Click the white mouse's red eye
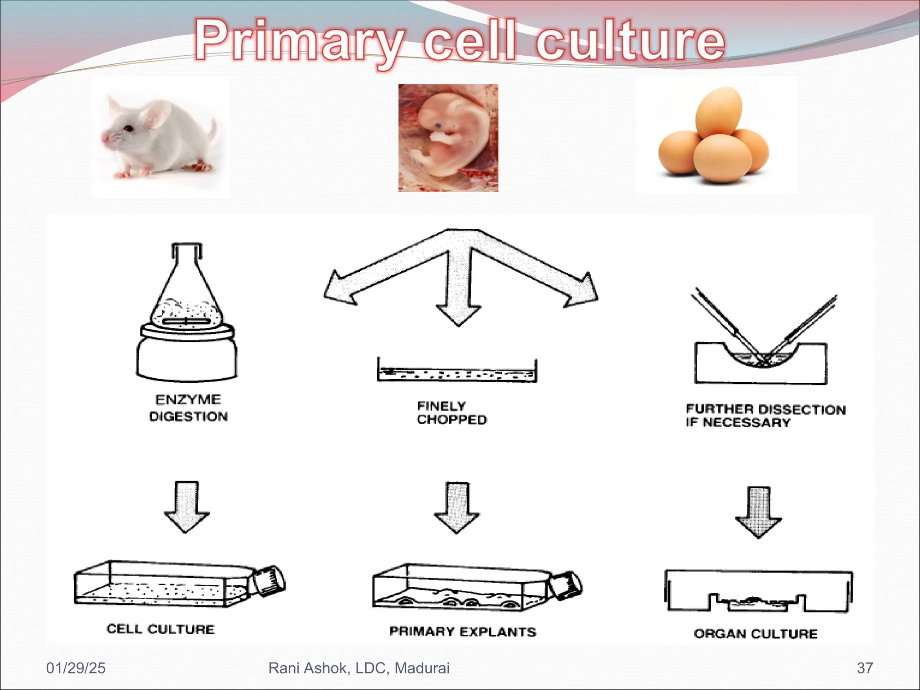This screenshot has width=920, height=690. (128, 129)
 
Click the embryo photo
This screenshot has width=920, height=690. (448, 138)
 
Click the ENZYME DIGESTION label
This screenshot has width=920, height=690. (188, 408)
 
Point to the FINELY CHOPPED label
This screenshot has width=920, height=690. (451, 412)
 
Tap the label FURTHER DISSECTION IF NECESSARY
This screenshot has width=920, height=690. (765, 416)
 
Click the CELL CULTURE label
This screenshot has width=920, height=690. (160, 629)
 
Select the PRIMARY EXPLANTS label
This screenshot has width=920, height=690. (463, 632)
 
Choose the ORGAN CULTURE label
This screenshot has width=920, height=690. (756, 633)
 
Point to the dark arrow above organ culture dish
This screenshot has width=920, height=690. (758, 511)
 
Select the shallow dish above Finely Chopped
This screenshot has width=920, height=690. (457, 372)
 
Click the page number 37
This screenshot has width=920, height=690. (865, 668)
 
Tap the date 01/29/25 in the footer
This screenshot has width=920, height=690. (75, 668)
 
